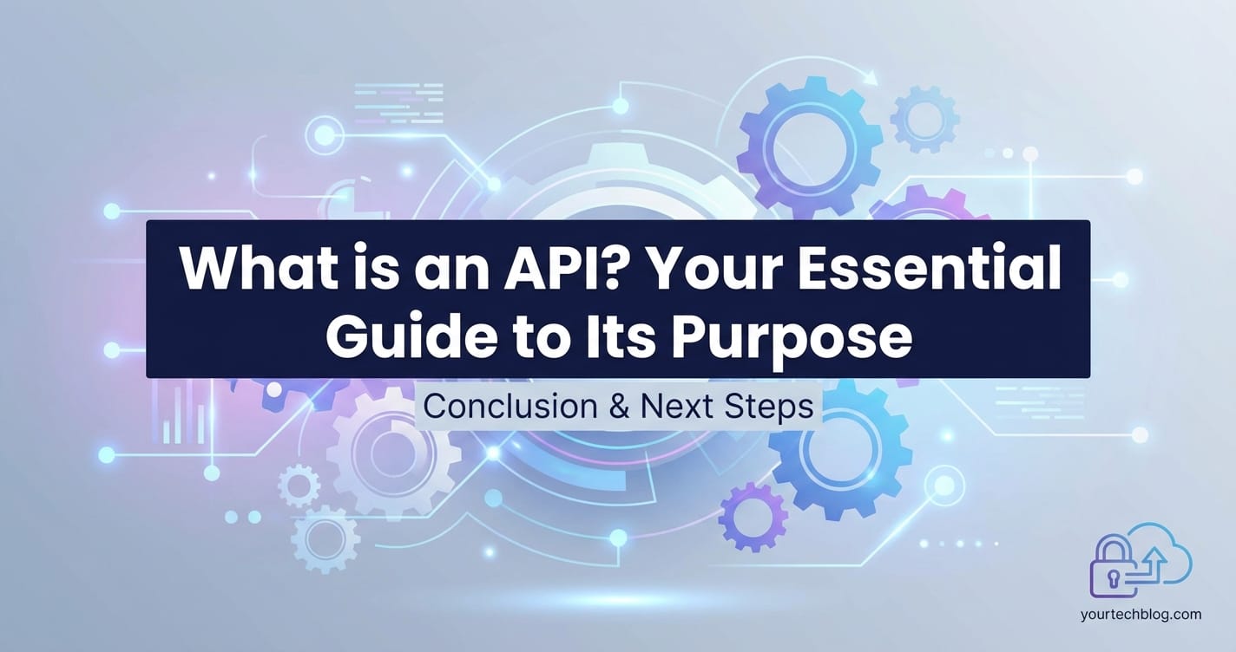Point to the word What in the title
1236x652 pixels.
click(253, 270)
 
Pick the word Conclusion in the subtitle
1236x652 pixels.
click(510, 407)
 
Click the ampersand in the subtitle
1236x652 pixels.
click(619, 407)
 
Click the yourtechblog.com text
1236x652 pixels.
click(1141, 615)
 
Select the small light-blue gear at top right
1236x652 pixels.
click(924, 119)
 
